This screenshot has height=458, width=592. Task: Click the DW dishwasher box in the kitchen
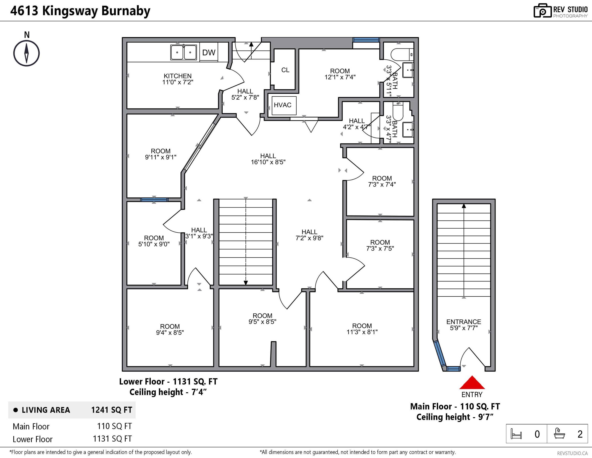209,52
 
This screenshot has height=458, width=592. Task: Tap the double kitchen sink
184,52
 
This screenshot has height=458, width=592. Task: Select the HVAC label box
282,105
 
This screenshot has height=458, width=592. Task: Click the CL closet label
285,70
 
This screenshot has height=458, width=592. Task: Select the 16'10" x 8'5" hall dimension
268,162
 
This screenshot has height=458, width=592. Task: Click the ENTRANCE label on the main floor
463,322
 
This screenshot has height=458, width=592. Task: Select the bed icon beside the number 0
516,434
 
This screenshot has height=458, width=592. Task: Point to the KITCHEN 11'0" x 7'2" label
178,79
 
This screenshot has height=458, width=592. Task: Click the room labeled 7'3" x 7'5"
380,245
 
